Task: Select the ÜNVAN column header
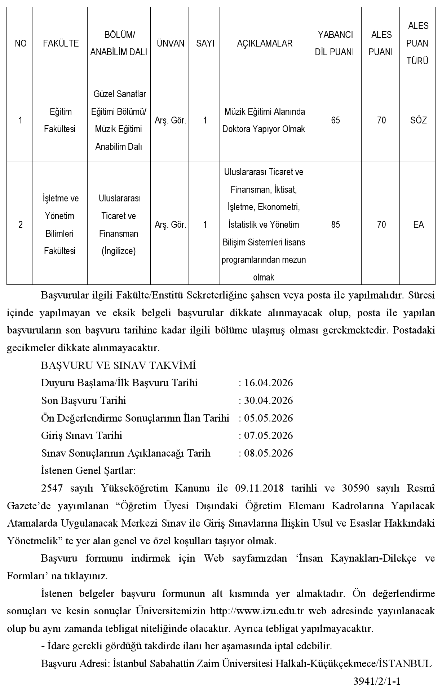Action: point(171,44)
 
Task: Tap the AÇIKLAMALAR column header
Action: point(264,44)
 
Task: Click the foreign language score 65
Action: point(335,120)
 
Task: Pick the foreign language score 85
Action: point(335,225)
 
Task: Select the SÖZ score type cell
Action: point(418,120)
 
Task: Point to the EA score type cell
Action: point(418,225)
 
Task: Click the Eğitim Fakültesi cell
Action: point(61,120)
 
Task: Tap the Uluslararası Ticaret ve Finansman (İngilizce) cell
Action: point(119,225)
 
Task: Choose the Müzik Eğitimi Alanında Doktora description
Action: point(264,120)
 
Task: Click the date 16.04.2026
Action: point(268,383)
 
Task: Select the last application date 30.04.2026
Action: point(268,401)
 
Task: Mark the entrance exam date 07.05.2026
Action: point(268,436)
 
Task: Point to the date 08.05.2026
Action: point(268,453)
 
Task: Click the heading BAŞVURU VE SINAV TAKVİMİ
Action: point(118,365)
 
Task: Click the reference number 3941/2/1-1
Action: point(377,681)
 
